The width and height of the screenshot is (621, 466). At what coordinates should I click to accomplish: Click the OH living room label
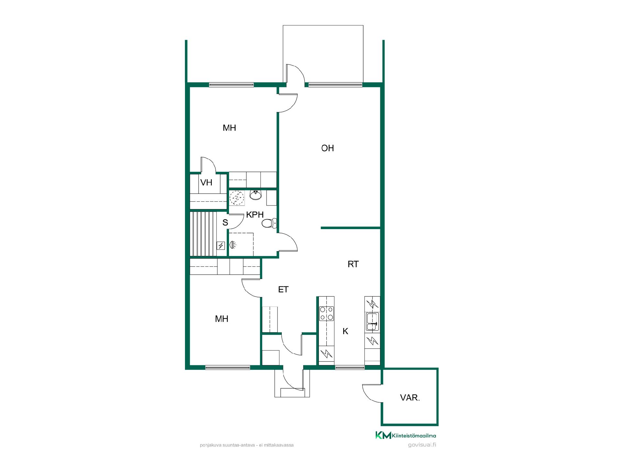(x=327, y=148)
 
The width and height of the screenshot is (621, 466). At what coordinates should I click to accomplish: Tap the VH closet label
(x=206, y=183)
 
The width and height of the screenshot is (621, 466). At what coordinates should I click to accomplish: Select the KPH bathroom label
(x=255, y=215)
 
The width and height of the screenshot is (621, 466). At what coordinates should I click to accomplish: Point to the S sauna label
(x=225, y=223)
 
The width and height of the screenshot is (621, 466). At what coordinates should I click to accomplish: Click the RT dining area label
(x=353, y=264)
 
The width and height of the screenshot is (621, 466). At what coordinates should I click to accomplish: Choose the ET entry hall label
(x=283, y=289)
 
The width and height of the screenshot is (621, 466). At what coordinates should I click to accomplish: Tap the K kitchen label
(x=345, y=331)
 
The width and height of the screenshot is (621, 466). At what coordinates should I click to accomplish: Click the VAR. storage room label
(x=410, y=397)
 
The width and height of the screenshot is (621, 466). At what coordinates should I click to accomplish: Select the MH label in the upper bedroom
(x=229, y=128)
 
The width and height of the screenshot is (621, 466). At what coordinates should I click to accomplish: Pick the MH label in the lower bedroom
(x=222, y=319)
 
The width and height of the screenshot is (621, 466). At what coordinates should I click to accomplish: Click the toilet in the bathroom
(x=269, y=223)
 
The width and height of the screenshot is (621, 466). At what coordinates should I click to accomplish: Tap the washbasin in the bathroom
(x=256, y=195)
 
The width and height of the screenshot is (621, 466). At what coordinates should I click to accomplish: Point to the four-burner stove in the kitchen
(x=326, y=313)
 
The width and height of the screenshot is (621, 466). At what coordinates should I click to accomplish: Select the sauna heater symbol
(x=221, y=246)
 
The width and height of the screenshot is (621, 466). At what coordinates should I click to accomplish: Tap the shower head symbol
(x=232, y=245)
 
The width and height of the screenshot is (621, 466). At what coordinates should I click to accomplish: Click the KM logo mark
(x=383, y=435)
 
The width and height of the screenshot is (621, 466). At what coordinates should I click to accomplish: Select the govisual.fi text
(x=422, y=445)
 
